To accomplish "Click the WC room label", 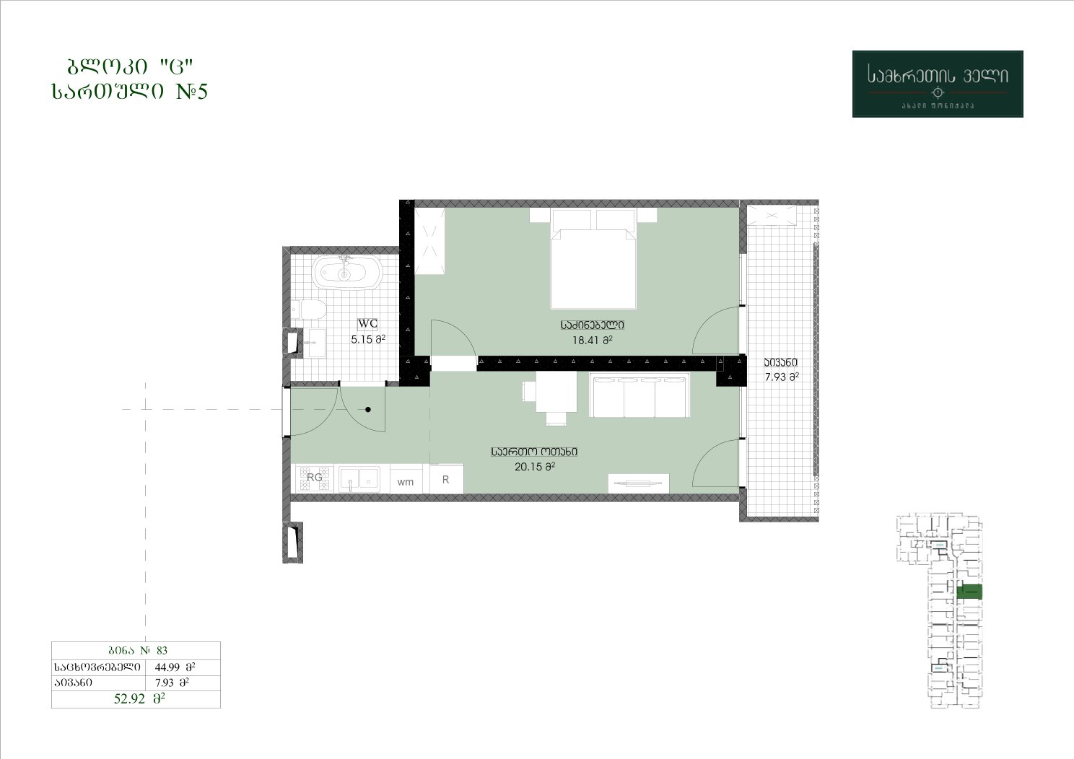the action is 367,323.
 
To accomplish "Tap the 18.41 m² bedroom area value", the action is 593,341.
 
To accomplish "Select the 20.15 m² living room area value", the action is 535,466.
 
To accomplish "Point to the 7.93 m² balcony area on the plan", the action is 782,377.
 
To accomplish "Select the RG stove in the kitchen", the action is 315,478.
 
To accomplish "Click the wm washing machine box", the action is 406,479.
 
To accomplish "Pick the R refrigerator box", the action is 446,478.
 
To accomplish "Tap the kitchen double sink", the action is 359,479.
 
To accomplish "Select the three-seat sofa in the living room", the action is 639,396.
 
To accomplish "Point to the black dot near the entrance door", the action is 368,410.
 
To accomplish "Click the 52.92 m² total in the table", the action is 139,698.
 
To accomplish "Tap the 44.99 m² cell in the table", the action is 175,667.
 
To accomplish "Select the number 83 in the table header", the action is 162,650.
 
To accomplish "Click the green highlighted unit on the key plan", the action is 969,592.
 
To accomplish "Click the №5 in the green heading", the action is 191,91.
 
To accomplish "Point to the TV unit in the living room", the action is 639,483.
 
